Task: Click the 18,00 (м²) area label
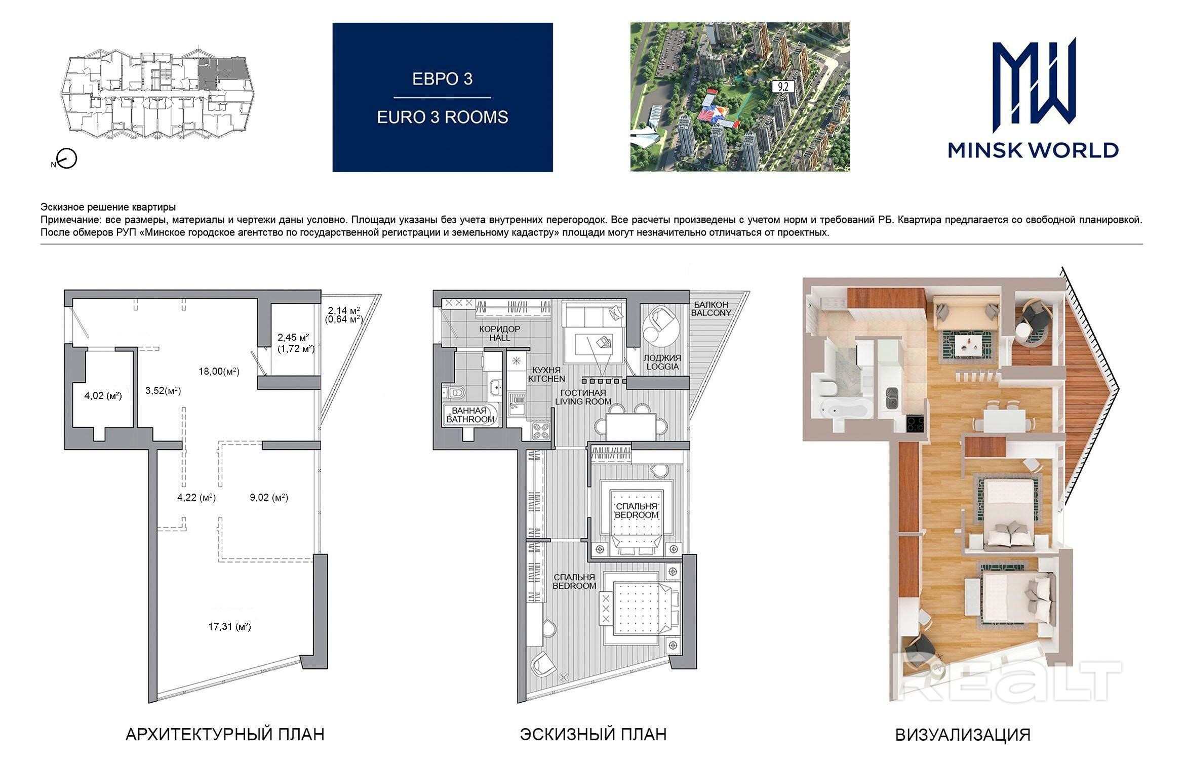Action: [219, 371]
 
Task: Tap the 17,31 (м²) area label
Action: [229, 626]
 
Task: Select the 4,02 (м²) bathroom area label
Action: [103, 395]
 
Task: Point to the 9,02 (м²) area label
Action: [269, 497]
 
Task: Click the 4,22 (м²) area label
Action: [196, 497]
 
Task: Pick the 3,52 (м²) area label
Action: [163, 390]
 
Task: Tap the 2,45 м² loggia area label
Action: [293, 337]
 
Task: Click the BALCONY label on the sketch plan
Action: [712, 313]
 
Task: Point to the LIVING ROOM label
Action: [583, 401]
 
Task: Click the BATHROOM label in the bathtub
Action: [470, 419]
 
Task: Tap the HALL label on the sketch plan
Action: [500, 338]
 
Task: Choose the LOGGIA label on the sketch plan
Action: [662, 366]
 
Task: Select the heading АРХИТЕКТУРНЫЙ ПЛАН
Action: [225, 734]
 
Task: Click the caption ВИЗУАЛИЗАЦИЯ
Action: [963, 735]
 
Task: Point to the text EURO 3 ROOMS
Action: [443, 117]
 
